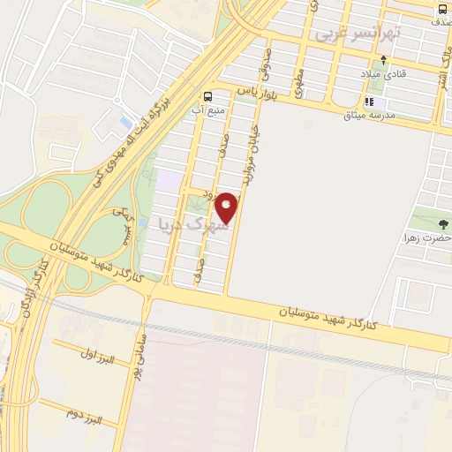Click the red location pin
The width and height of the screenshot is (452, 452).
click(227, 207)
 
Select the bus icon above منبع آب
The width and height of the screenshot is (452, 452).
click(207, 96)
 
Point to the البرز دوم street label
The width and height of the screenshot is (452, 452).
click(84, 412)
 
